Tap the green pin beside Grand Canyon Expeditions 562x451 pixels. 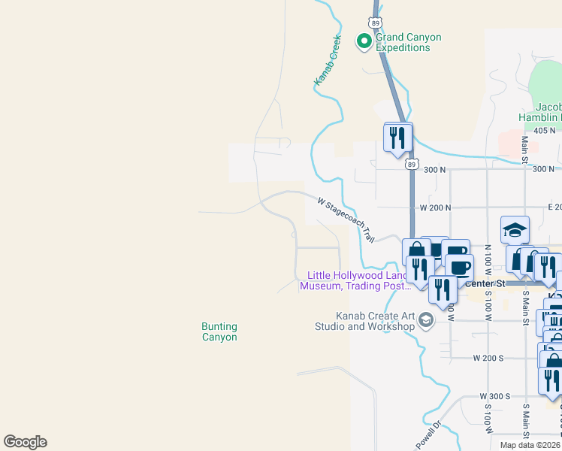pos(364,41)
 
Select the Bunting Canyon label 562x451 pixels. pos(219,331)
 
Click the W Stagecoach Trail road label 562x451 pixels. pos(346,219)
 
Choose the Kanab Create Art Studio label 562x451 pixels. pos(376,321)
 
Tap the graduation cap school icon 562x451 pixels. pos(515,230)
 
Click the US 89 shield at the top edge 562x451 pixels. pos(376,22)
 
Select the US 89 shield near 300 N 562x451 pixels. pos(410,163)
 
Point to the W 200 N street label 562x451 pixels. pos(435,207)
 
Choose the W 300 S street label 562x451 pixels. pos(495,395)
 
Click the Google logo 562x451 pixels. pos(25,442)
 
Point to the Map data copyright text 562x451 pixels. pos(530,445)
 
